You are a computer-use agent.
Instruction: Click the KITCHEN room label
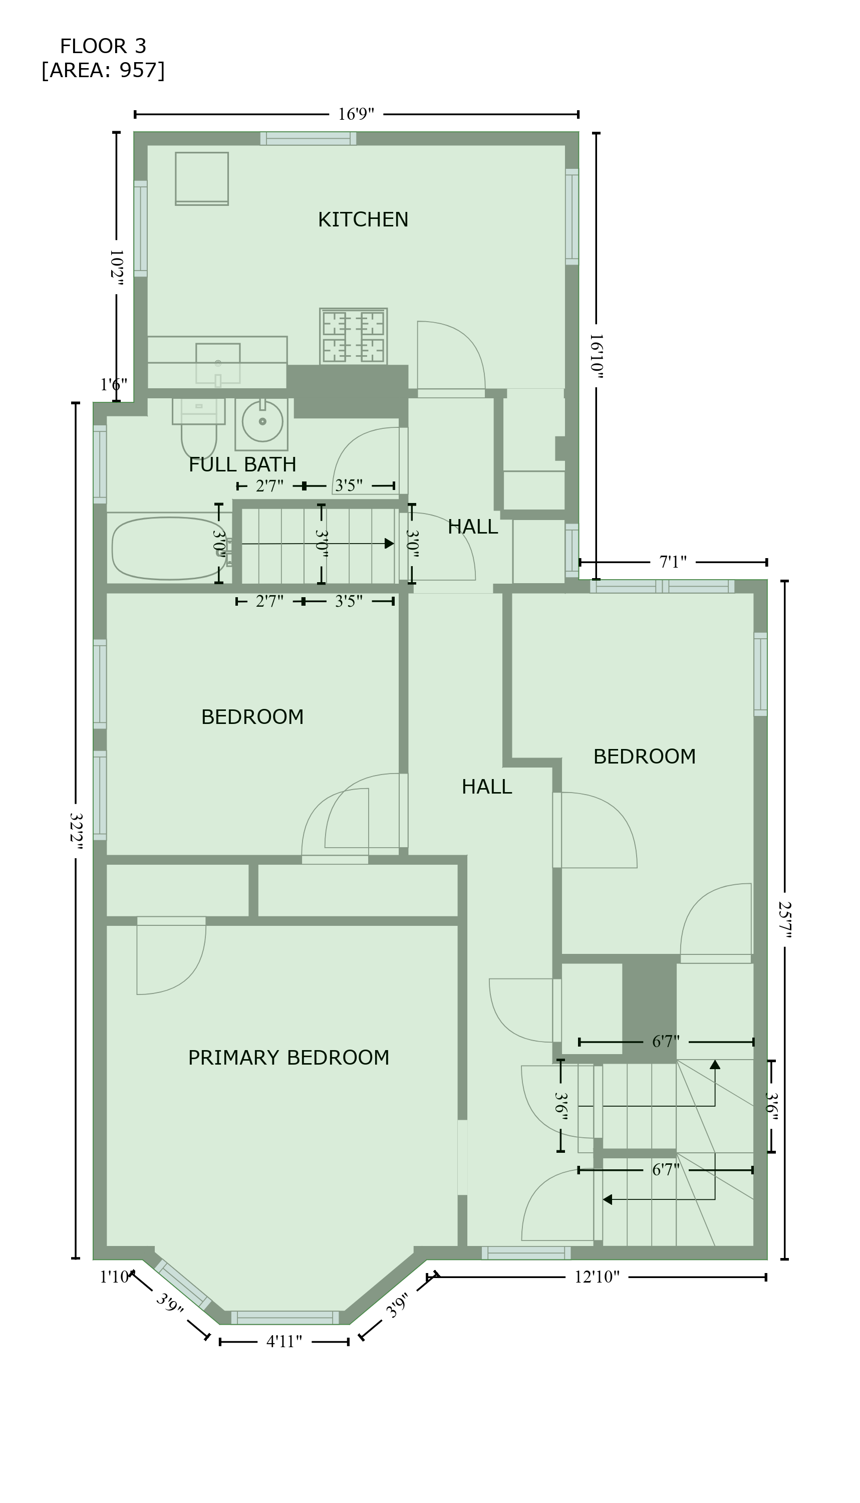[363, 220]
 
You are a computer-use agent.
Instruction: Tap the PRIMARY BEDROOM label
[289, 1058]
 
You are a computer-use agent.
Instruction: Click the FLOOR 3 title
[103, 46]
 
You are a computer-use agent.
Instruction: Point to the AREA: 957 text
[103, 70]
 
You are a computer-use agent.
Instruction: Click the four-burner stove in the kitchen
[353, 336]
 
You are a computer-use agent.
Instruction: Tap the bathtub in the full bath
[168, 548]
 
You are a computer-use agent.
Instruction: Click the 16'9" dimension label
[356, 114]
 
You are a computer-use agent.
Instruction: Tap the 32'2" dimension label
[76, 831]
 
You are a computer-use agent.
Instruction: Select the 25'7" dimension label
[784, 920]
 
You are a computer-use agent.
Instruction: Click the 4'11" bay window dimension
[284, 1342]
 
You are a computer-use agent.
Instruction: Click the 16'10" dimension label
[596, 356]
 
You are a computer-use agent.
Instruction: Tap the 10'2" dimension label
[116, 268]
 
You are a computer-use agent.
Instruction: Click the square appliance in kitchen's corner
[202, 178]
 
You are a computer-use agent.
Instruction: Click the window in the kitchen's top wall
[309, 138]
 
